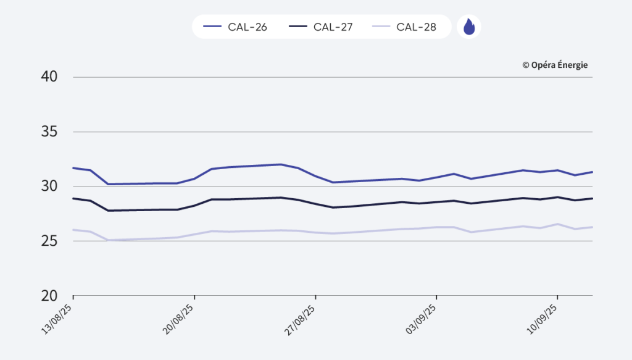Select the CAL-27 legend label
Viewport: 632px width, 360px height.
pyautogui.click(x=333, y=27)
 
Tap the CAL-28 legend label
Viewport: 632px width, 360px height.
pyautogui.click(x=416, y=27)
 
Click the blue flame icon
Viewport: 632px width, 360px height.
pyautogui.click(x=469, y=27)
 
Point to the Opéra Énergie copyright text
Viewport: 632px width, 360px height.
pyautogui.click(x=555, y=65)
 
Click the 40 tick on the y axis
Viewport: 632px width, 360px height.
pyautogui.click(x=49, y=77)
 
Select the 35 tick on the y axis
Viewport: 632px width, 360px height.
pyautogui.click(x=49, y=132)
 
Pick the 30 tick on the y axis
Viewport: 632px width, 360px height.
pyautogui.click(x=49, y=186)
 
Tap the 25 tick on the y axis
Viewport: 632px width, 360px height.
pyautogui.click(x=49, y=241)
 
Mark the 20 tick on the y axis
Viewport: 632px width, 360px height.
pyautogui.click(x=49, y=296)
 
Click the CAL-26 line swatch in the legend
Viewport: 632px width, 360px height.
pyautogui.click(x=212, y=27)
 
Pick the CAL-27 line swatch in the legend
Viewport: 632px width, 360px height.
pyautogui.click(x=299, y=27)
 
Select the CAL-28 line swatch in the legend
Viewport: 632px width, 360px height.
pyautogui.click(x=382, y=27)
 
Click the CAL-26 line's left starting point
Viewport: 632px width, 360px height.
pyautogui.click(x=73, y=168)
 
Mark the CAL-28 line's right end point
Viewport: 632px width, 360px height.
pyautogui.click(x=592, y=227)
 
